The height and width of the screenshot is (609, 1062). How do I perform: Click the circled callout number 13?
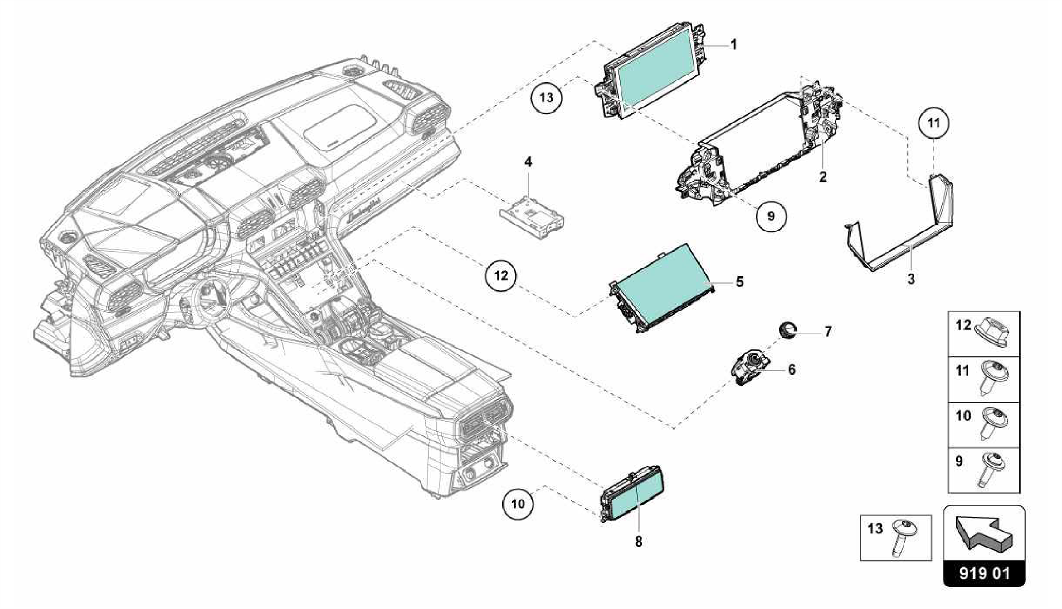point(547,98)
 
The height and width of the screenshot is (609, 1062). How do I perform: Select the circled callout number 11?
point(933,123)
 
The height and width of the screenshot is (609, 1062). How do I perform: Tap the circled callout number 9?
point(771,216)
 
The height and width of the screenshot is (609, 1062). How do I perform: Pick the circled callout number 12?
point(501,275)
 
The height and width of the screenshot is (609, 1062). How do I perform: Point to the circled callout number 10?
point(518,504)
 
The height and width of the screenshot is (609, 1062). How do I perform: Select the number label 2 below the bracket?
point(823,177)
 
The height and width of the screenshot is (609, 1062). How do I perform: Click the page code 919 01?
point(984,574)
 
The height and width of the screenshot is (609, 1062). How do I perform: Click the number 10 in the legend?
point(962,417)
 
